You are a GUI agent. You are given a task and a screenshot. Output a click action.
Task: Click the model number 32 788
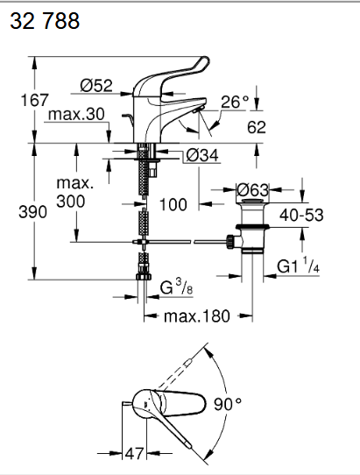coord(45,21)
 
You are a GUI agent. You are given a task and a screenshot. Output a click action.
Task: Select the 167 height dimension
coord(34,100)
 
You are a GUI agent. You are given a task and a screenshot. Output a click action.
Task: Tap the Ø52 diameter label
coord(96,85)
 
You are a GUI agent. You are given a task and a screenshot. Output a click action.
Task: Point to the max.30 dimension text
coord(76,114)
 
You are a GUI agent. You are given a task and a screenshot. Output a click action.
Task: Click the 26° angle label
coord(235,102)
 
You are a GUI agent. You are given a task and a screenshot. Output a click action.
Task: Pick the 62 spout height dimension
coord(257,127)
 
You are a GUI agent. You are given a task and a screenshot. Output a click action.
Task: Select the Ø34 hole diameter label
coord(202,155)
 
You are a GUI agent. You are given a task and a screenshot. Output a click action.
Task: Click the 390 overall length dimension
coord(32,211)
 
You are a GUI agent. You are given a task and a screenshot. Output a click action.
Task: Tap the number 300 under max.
coord(71,202)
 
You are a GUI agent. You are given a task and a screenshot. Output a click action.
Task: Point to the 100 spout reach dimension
coord(173,204)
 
